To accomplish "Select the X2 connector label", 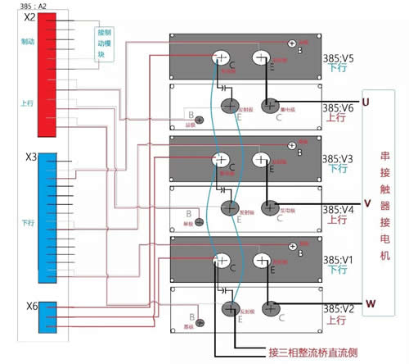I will [x=30, y=17].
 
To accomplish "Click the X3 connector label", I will [x=31, y=157].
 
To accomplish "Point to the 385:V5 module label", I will [x=337, y=58].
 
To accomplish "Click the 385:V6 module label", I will [x=337, y=107].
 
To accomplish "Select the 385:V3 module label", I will [x=337, y=158].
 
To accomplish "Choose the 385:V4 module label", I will [x=337, y=208].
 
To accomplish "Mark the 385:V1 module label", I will [x=337, y=258].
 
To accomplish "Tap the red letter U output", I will [x=366, y=102].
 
